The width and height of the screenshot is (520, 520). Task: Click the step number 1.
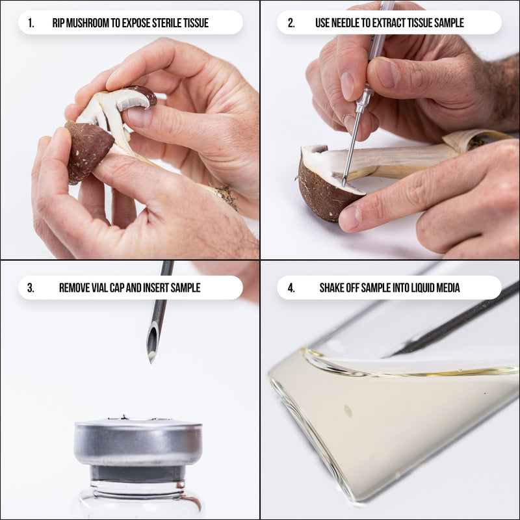click(31, 23)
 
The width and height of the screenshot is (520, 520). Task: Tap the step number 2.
click(291, 23)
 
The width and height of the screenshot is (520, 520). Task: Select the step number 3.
click(31, 287)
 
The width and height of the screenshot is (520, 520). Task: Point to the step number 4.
click(291, 287)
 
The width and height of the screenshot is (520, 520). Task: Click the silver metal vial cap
click(137, 442)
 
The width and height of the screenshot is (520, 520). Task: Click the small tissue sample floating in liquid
click(348, 411)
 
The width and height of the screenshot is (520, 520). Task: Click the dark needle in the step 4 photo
click(455, 322)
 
